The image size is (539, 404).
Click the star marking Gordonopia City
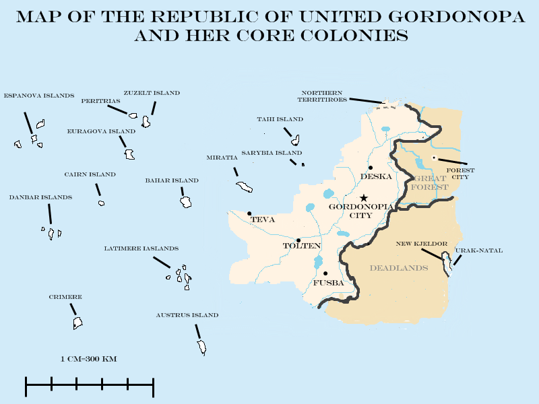click(x=364, y=198)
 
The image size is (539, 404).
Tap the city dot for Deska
click(x=371, y=167)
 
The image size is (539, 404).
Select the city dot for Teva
click(x=250, y=213)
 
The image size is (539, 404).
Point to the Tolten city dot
click(x=298, y=240)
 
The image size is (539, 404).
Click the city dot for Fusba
click(x=325, y=273)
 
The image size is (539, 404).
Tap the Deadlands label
click(x=399, y=268)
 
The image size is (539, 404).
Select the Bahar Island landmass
click(x=186, y=202)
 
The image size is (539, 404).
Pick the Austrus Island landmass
click(x=201, y=347)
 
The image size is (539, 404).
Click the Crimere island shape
click(x=77, y=323)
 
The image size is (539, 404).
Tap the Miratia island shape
click(x=243, y=187)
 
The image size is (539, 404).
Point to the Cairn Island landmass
click(x=101, y=203)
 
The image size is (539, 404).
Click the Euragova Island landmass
click(x=129, y=154)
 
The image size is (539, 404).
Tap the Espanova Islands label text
click(x=39, y=96)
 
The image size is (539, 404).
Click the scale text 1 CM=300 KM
click(x=88, y=359)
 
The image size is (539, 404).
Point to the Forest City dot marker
click(x=434, y=158)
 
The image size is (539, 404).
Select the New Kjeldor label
click(x=422, y=243)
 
